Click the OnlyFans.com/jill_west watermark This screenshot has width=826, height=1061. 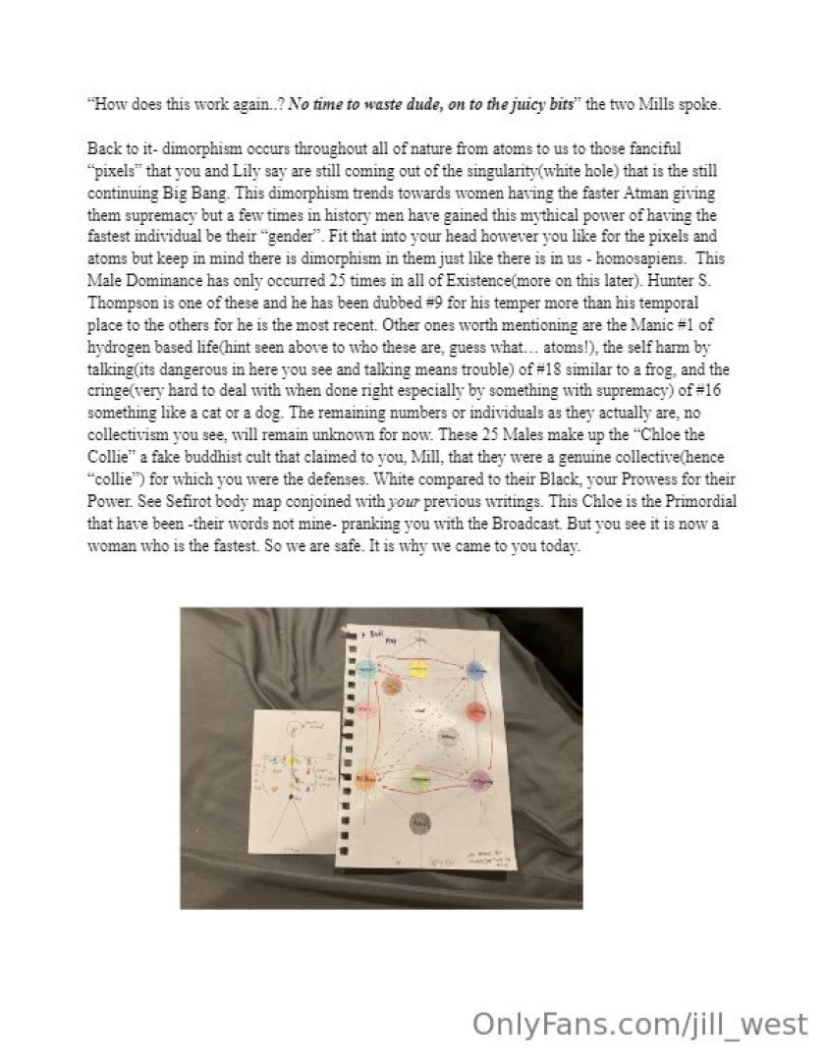click(x=639, y=1025)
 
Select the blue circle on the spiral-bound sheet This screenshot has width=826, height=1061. click(x=477, y=669)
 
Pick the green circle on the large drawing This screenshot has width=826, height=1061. click(x=421, y=780)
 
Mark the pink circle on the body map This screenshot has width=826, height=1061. click(x=365, y=670)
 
